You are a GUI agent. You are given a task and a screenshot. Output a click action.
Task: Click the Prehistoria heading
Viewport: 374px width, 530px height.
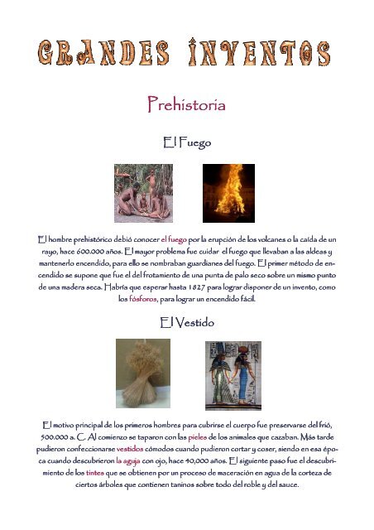coord(186,105)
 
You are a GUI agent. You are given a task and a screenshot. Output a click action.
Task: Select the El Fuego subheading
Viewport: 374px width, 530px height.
coord(187,143)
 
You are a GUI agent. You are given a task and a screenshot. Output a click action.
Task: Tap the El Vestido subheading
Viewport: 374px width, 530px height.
coord(187,324)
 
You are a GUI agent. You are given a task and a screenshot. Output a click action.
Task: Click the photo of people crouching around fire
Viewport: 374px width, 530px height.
coord(143,192)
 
